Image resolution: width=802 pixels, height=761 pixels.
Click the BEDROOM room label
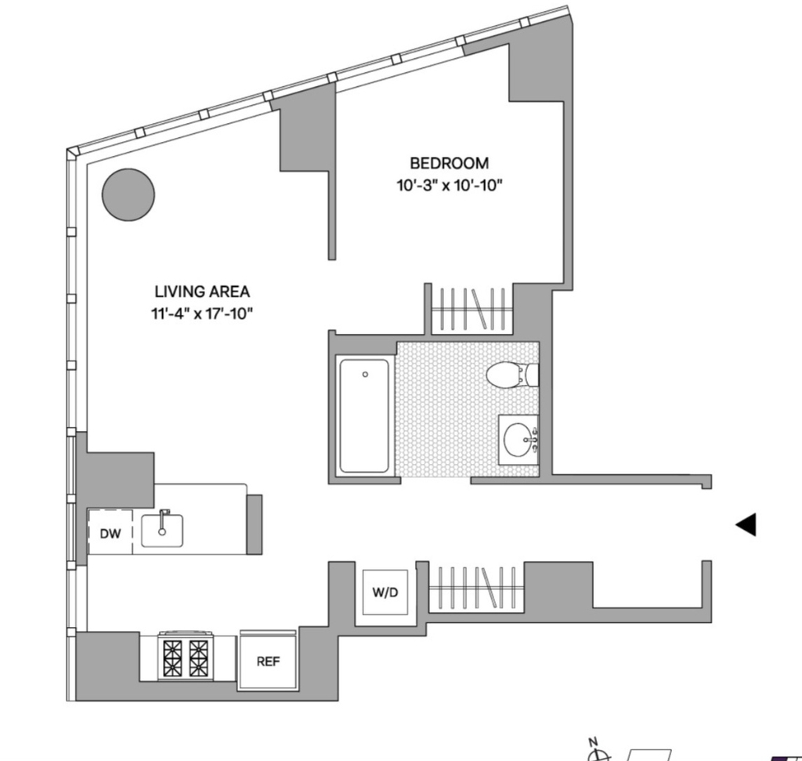(x=449, y=163)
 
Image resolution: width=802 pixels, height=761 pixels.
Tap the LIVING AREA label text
(x=202, y=292)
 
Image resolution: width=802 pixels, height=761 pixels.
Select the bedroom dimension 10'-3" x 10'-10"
(x=450, y=185)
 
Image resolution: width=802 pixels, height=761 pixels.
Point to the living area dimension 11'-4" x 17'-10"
(x=202, y=313)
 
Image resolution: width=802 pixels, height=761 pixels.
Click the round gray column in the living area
(x=128, y=195)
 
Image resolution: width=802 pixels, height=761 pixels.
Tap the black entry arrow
(x=746, y=524)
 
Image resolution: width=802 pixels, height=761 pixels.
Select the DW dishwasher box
(x=110, y=532)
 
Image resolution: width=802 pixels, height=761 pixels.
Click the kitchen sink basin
(x=162, y=531)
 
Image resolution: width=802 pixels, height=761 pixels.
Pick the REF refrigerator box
(x=268, y=661)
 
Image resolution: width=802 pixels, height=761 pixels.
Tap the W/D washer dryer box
(x=385, y=592)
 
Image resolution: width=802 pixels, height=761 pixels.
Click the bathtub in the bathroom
(x=364, y=415)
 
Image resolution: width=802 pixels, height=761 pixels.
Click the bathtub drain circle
(x=365, y=375)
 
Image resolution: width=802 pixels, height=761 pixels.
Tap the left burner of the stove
(x=173, y=658)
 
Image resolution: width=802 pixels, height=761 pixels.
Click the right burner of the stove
(x=198, y=658)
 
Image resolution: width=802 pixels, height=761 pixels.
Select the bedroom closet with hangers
(x=472, y=309)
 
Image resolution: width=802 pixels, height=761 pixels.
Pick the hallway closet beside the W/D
(x=476, y=588)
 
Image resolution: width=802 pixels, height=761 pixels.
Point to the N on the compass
(x=593, y=741)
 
